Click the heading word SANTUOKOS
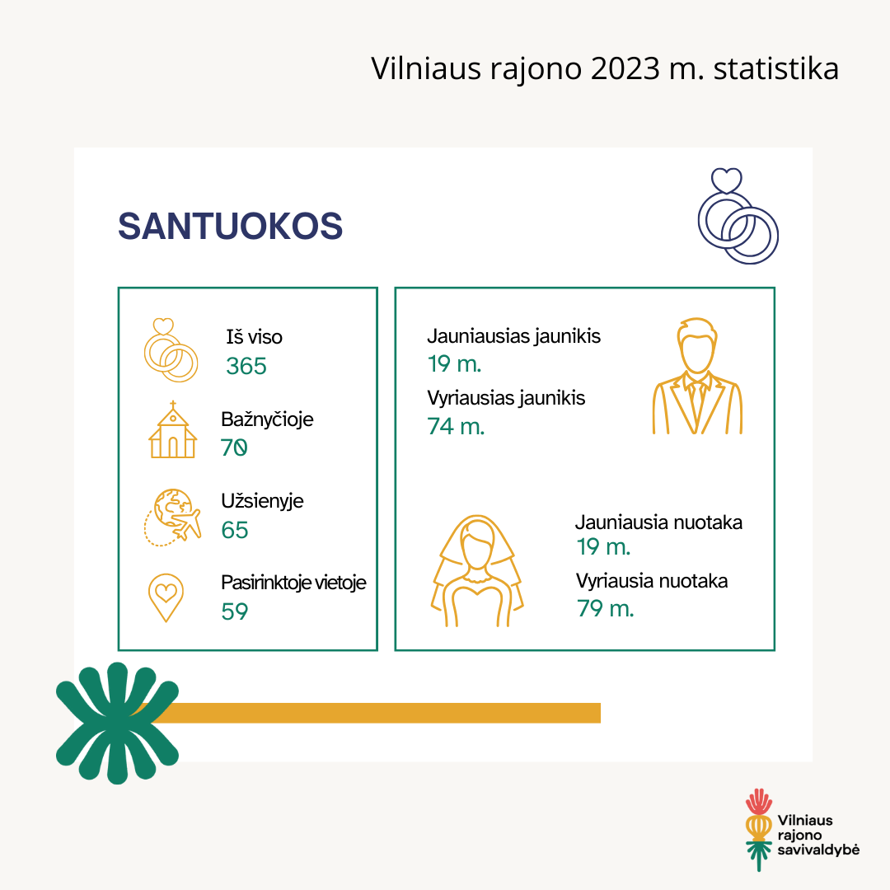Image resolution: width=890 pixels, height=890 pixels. [230, 226]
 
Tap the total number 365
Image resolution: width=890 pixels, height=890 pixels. [246, 366]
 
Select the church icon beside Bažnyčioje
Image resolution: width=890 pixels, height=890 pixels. [173, 429]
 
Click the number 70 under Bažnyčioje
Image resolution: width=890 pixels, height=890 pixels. [234, 447]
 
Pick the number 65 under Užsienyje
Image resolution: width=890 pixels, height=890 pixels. [234, 530]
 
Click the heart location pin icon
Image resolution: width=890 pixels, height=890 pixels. [166, 597]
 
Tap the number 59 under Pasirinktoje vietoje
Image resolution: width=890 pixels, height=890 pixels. [234, 611]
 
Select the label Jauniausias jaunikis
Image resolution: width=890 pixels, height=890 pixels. [513, 336]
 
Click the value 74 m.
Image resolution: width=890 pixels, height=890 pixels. [457, 426]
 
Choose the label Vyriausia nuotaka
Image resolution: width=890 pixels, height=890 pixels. [652, 581]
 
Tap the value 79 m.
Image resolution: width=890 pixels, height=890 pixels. [605, 608]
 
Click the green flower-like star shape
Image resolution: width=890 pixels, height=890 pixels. [118, 724]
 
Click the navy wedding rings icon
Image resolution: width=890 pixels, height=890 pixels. [738, 216]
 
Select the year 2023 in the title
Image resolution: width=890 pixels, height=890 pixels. [625, 68]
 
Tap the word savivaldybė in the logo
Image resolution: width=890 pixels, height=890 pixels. [818, 850]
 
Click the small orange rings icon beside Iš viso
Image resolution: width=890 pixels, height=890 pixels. [171, 349]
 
